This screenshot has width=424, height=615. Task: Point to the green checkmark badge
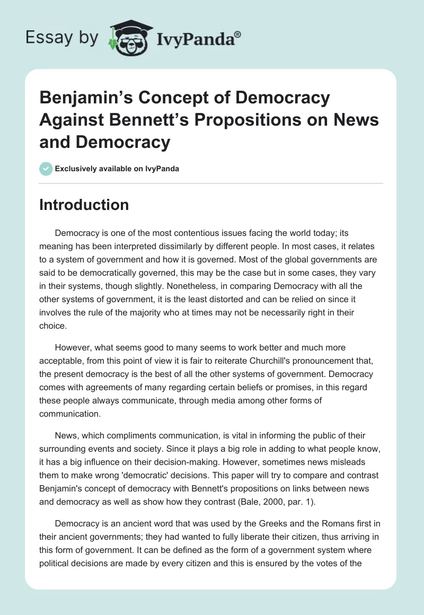(46, 169)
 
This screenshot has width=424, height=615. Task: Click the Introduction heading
(84, 205)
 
